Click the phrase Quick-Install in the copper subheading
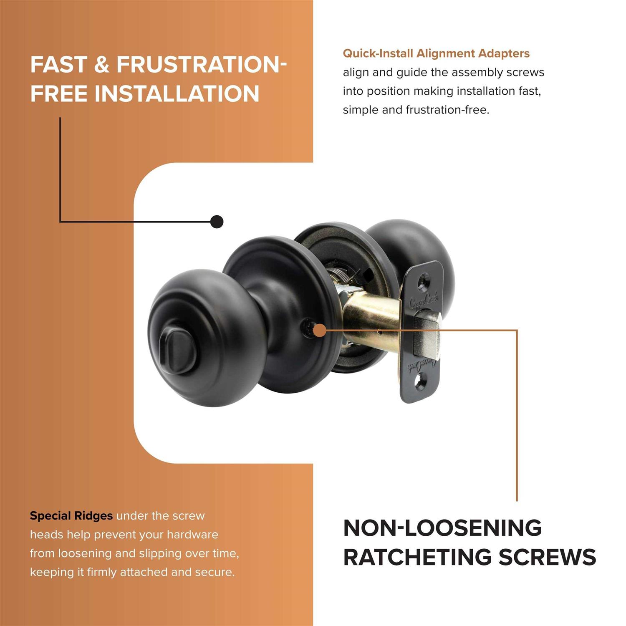point(378,53)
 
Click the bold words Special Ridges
point(71,516)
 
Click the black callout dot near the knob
point(217,222)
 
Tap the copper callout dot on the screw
point(320,331)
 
